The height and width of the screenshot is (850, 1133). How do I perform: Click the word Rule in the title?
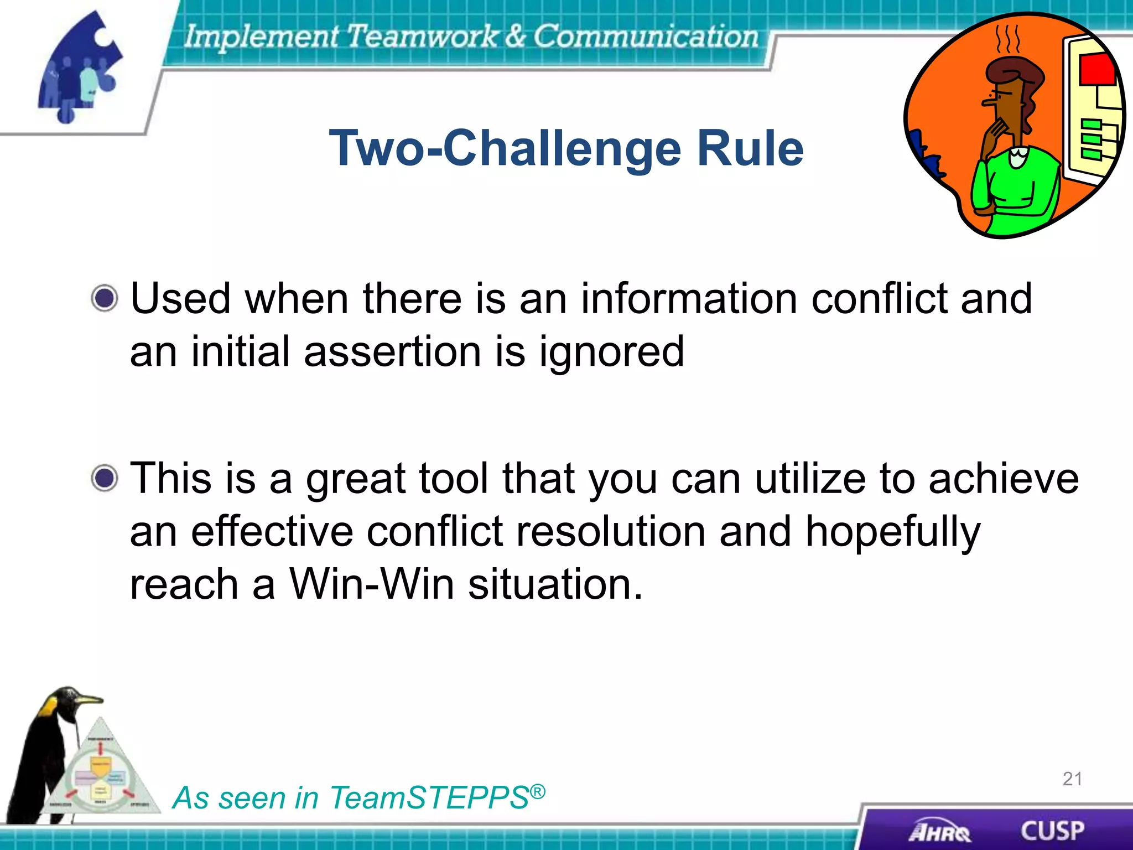pyautogui.click(x=750, y=148)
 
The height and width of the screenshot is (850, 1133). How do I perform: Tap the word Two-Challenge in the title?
pyautogui.click(x=505, y=148)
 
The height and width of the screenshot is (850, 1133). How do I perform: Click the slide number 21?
pyautogui.click(x=1072, y=779)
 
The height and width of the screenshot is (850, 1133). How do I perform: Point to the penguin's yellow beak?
pyautogui.click(x=89, y=701)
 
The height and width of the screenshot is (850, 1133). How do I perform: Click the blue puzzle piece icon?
pyautogui.click(x=80, y=66)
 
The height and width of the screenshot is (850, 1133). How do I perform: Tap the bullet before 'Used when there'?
pyautogui.click(x=105, y=299)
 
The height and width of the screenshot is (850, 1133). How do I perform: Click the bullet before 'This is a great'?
pyautogui.click(x=105, y=478)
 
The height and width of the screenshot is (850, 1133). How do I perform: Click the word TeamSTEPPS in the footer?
pyautogui.click(x=429, y=798)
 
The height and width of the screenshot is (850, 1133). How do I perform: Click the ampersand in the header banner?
pyautogui.click(x=515, y=36)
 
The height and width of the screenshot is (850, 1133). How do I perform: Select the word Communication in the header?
pyautogui.click(x=645, y=36)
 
